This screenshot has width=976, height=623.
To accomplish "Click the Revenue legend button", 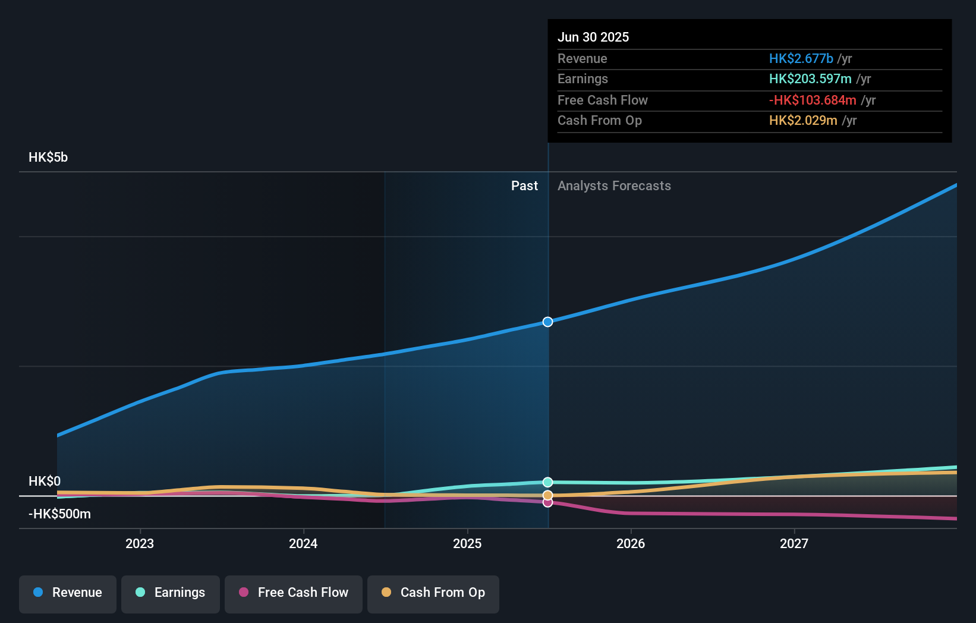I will pyautogui.click(x=68, y=593).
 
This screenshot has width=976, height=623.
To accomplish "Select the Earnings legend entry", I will pyautogui.click(x=171, y=593).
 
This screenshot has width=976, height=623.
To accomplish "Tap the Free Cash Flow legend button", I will pyautogui.click(x=294, y=593).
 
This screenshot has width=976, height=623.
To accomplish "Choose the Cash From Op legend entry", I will pyautogui.click(x=433, y=593).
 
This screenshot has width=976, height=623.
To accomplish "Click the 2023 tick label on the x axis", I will pyautogui.click(x=140, y=543).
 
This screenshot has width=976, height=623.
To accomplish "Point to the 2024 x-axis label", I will pyautogui.click(x=303, y=543).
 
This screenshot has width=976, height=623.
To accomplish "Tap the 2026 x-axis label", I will pyautogui.click(x=631, y=543).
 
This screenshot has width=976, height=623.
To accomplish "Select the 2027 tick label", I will pyautogui.click(x=794, y=543).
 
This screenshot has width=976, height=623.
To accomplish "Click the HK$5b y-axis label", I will pyautogui.click(x=48, y=158).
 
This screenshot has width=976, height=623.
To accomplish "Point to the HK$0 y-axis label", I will pyautogui.click(x=45, y=481).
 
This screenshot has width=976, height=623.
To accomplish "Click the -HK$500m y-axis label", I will pyautogui.click(x=59, y=514).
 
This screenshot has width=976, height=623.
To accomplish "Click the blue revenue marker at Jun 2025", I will pyautogui.click(x=547, y=322).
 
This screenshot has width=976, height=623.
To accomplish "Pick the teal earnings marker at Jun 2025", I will pyautogui.click(x=547, y=482).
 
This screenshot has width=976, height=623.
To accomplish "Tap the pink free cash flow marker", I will pyautogui.click(x=547, y=503).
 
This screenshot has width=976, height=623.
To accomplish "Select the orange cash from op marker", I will pyautogui.click(x=547, y=495).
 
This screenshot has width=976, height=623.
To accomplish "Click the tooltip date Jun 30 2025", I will pyautogui.click(x=593, y=37).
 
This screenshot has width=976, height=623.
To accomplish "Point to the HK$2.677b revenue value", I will pyautogui.click(x=801, y=58).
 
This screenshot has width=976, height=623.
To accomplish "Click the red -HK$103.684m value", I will pyautogui.click(x=813, y=100).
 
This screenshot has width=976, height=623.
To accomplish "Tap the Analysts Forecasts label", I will pyautogui.click(x=614, y=186).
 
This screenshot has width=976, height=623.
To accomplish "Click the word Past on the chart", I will pyautogui.click(x=524, y=186).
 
